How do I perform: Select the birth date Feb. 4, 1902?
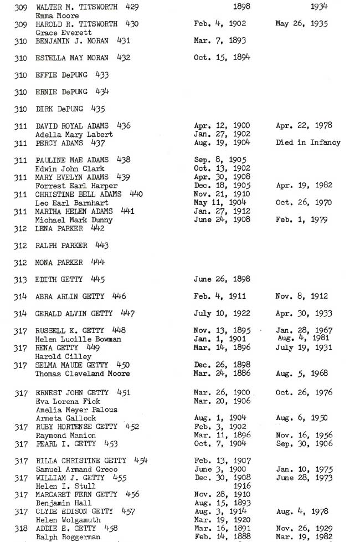pos(220,24)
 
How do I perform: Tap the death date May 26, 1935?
pos(301,24)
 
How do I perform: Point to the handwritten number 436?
pos(124,126)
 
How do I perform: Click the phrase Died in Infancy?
pos(308,143)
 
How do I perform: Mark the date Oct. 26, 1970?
pos(304,203)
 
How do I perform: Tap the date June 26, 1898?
pos(222,279)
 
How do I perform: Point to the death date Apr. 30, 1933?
pos(301,314)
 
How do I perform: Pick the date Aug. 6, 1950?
pos(301,418)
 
